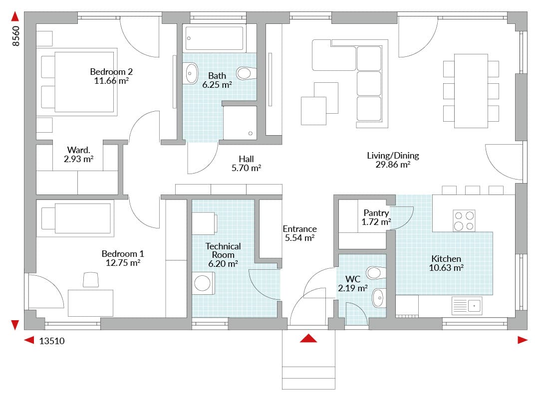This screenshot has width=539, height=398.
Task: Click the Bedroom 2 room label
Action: pos(111,72)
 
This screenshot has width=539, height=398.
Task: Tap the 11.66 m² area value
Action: pos(111,81)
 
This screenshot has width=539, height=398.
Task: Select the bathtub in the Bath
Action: pos(214,38)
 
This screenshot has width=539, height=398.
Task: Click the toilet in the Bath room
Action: pos(246,73)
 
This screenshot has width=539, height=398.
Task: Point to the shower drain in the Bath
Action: pos(250,133)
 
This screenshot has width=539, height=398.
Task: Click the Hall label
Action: pos(246,159)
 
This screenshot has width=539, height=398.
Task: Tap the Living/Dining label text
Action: pos(393,156)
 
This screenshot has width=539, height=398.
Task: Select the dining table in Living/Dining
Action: pos(471,91)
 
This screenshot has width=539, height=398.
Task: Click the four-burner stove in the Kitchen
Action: pos(464,220)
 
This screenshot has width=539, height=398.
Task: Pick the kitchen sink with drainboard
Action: pos(467,306)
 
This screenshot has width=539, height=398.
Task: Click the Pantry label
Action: pos(376,213)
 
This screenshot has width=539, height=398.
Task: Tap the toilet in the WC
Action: pos(376,273)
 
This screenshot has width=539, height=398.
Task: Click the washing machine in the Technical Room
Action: pos(203,283)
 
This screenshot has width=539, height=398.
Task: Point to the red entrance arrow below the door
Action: pos(308,338)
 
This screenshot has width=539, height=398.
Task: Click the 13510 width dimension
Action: pos(52,341)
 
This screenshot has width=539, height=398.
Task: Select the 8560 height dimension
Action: pos(16,36)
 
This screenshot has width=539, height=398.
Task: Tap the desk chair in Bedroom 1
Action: pos(91,279)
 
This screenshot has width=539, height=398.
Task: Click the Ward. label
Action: pos(79,150)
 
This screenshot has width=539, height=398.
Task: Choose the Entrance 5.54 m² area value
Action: pos(300,237)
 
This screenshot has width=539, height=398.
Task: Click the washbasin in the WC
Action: pos(378,298)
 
